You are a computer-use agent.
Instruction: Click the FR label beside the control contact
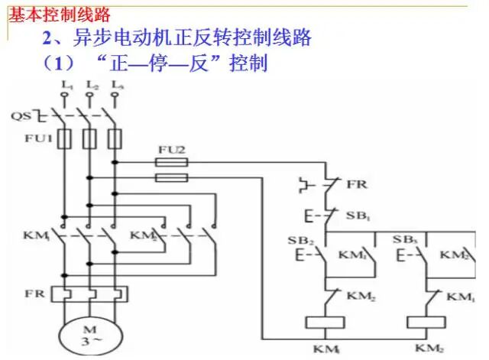(x=357, y=185)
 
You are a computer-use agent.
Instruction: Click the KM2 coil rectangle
(x=428, y=322)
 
